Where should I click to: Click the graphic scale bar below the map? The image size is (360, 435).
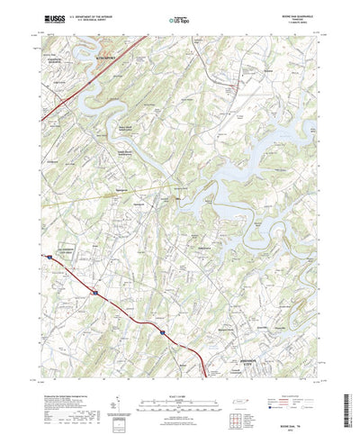click(179, 376)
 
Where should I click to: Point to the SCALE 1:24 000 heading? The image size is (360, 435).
click(179, 367)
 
